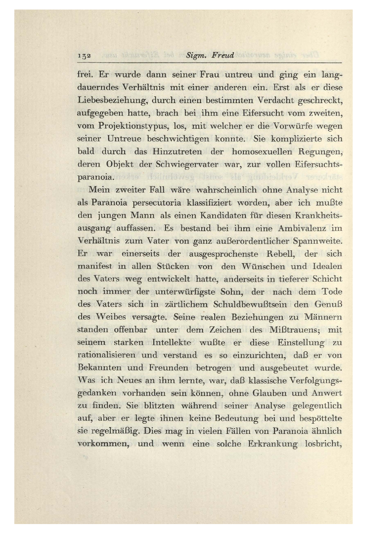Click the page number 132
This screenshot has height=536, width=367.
84,56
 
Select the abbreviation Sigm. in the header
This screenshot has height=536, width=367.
194,55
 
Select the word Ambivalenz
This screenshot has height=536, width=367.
302,228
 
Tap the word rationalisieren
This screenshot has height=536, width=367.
106,355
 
